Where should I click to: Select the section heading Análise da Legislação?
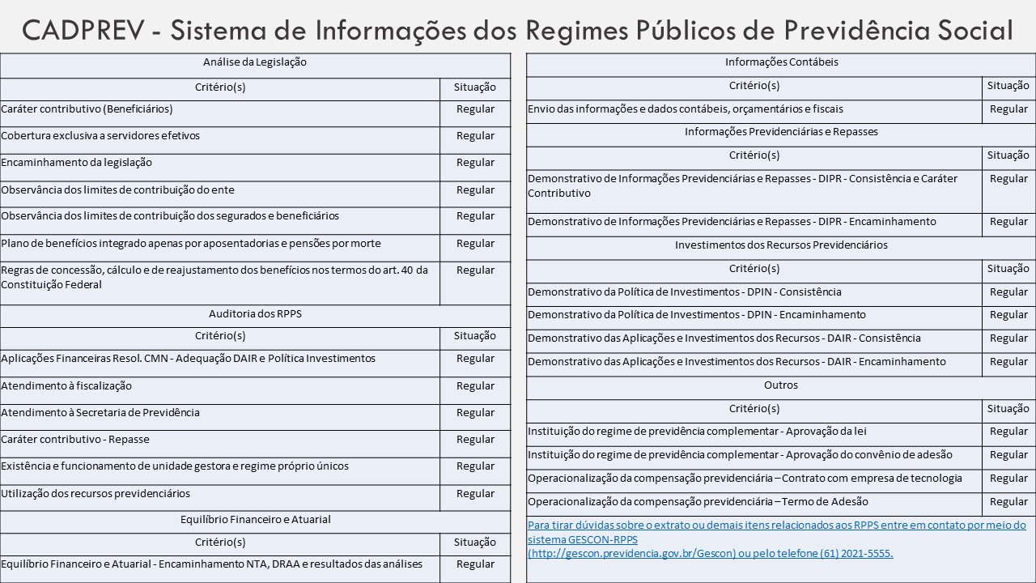point(255,62)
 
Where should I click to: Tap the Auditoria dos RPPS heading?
point(255,313)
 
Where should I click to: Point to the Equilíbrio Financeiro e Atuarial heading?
point(255,519)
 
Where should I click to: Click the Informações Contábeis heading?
point(781,62)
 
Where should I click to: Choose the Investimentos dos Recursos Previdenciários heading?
point(781,245)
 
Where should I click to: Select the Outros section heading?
point(781,385)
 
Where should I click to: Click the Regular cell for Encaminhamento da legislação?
point(475,163)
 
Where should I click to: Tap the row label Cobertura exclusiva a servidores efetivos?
point(100,135)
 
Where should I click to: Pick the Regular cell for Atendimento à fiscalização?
point(475,386)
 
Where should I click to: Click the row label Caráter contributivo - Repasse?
point(75,440)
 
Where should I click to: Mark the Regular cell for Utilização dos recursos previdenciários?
point(475,494)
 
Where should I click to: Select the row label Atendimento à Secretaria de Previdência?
point(100,413)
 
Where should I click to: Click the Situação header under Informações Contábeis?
point(1008,85)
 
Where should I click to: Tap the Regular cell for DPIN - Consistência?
point(1008,292)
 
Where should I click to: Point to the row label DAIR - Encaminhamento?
point(737,362)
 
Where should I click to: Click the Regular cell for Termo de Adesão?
point(1008,502)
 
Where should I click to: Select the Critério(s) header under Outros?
point(754,408)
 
